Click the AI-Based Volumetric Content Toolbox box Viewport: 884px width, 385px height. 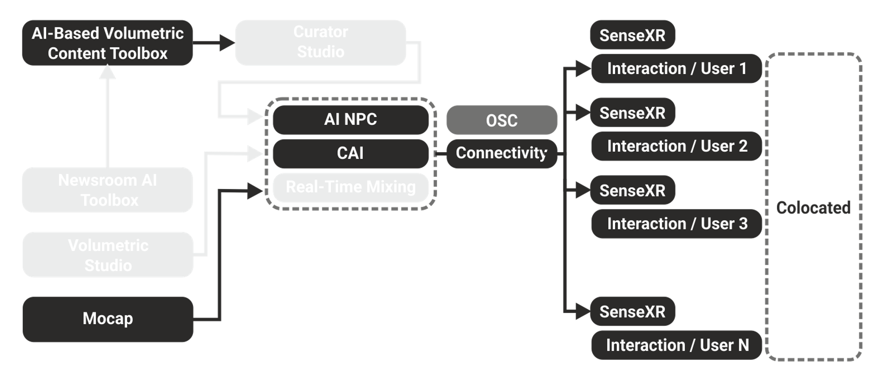point(107,43)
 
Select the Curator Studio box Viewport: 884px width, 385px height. point(321,42)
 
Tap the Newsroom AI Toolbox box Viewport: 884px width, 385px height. point(107,190)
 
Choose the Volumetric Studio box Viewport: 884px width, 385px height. point(108,255)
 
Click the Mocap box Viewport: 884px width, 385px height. point(108,319)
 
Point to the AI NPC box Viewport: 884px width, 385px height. point(351,120)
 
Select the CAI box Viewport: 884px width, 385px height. point(351,153)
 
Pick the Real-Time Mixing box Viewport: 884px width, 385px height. point(351,187)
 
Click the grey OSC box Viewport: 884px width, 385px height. point(502,120)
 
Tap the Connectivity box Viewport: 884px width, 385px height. point(502,153)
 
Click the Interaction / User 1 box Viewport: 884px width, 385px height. point(676,69)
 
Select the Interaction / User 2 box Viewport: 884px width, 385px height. point(676,146)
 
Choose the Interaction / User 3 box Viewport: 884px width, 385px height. point(676,224)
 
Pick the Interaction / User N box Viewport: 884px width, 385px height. point(676,345)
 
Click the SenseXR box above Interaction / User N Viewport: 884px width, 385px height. point(632,311)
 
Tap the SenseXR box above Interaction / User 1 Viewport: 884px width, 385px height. point(632,35)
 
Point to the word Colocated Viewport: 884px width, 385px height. point(813,208)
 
